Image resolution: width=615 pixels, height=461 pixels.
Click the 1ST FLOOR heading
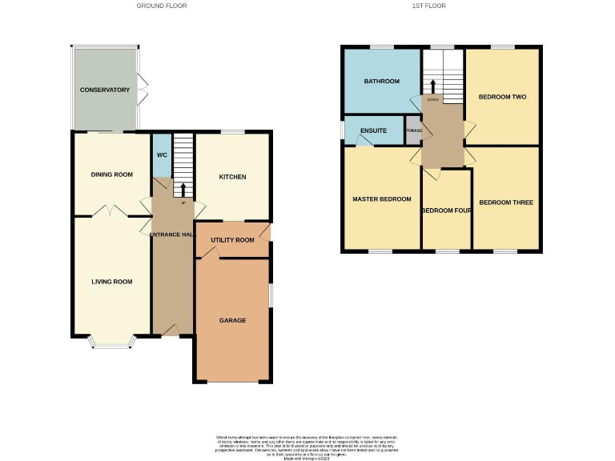(x=428, y=6)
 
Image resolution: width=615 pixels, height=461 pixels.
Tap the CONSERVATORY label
(x=104, y=90)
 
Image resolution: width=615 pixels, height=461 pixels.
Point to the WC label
(x=162, y=154)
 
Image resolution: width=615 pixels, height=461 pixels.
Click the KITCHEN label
(x=232, y=177)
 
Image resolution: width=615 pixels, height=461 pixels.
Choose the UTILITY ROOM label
(x=232, y=240)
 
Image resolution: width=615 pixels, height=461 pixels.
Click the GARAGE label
(x=232, y=320)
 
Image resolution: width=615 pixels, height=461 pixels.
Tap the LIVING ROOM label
(x=111, y=282)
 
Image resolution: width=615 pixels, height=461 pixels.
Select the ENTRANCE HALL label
(x=172, y=234)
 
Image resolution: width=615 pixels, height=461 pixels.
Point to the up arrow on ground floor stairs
(x=183, y=190)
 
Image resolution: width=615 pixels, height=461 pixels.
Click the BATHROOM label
(x=382, y=81)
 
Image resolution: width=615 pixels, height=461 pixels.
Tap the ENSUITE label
(x=374, y=130)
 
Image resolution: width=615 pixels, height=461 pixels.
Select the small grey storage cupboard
(x=413, y=131)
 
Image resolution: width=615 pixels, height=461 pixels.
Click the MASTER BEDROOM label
(x=382, y=199)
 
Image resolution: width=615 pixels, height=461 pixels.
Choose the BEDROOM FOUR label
(x=446, y=210)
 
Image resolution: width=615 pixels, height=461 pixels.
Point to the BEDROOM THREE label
(x=505, y=202)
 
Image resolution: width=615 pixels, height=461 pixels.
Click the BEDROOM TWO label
(x=502, y=97)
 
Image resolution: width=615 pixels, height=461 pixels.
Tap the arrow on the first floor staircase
(x=433, y=86)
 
